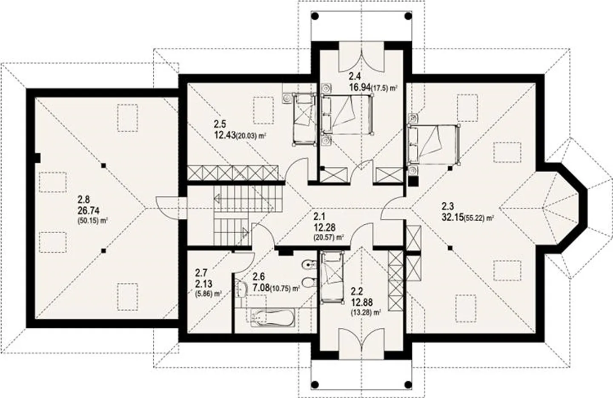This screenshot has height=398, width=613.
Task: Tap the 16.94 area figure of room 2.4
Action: tap(359, 88)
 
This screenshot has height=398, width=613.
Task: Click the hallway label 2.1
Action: tap(319, 216)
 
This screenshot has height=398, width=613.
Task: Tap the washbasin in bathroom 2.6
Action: tap(242, 290)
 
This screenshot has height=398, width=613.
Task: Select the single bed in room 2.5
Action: tap(303, 120)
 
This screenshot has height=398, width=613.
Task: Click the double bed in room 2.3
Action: tap(433, 144)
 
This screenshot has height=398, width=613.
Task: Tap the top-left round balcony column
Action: tap(315, 17)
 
